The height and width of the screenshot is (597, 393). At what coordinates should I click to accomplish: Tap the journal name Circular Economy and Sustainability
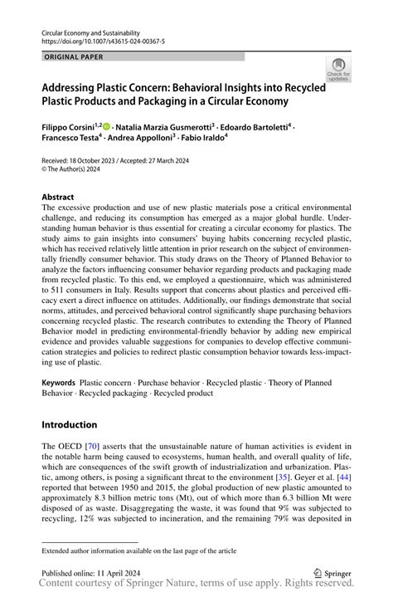pyautogui.click(x=90, y=31)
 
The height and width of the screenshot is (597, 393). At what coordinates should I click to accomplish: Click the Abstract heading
pyautogui.click(x=58, y=198)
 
